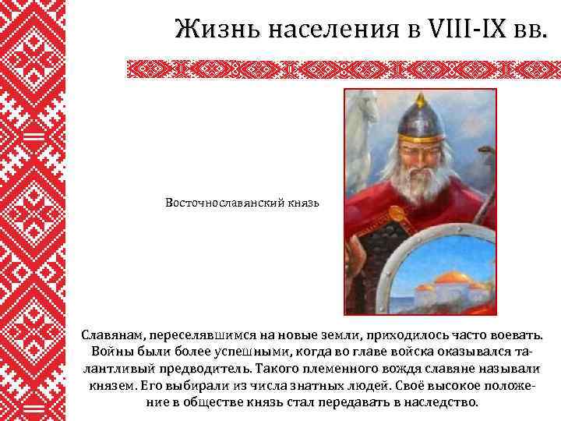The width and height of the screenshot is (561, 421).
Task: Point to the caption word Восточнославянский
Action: pos(224,203)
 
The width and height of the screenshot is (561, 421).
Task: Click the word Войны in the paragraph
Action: pos(111,351)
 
